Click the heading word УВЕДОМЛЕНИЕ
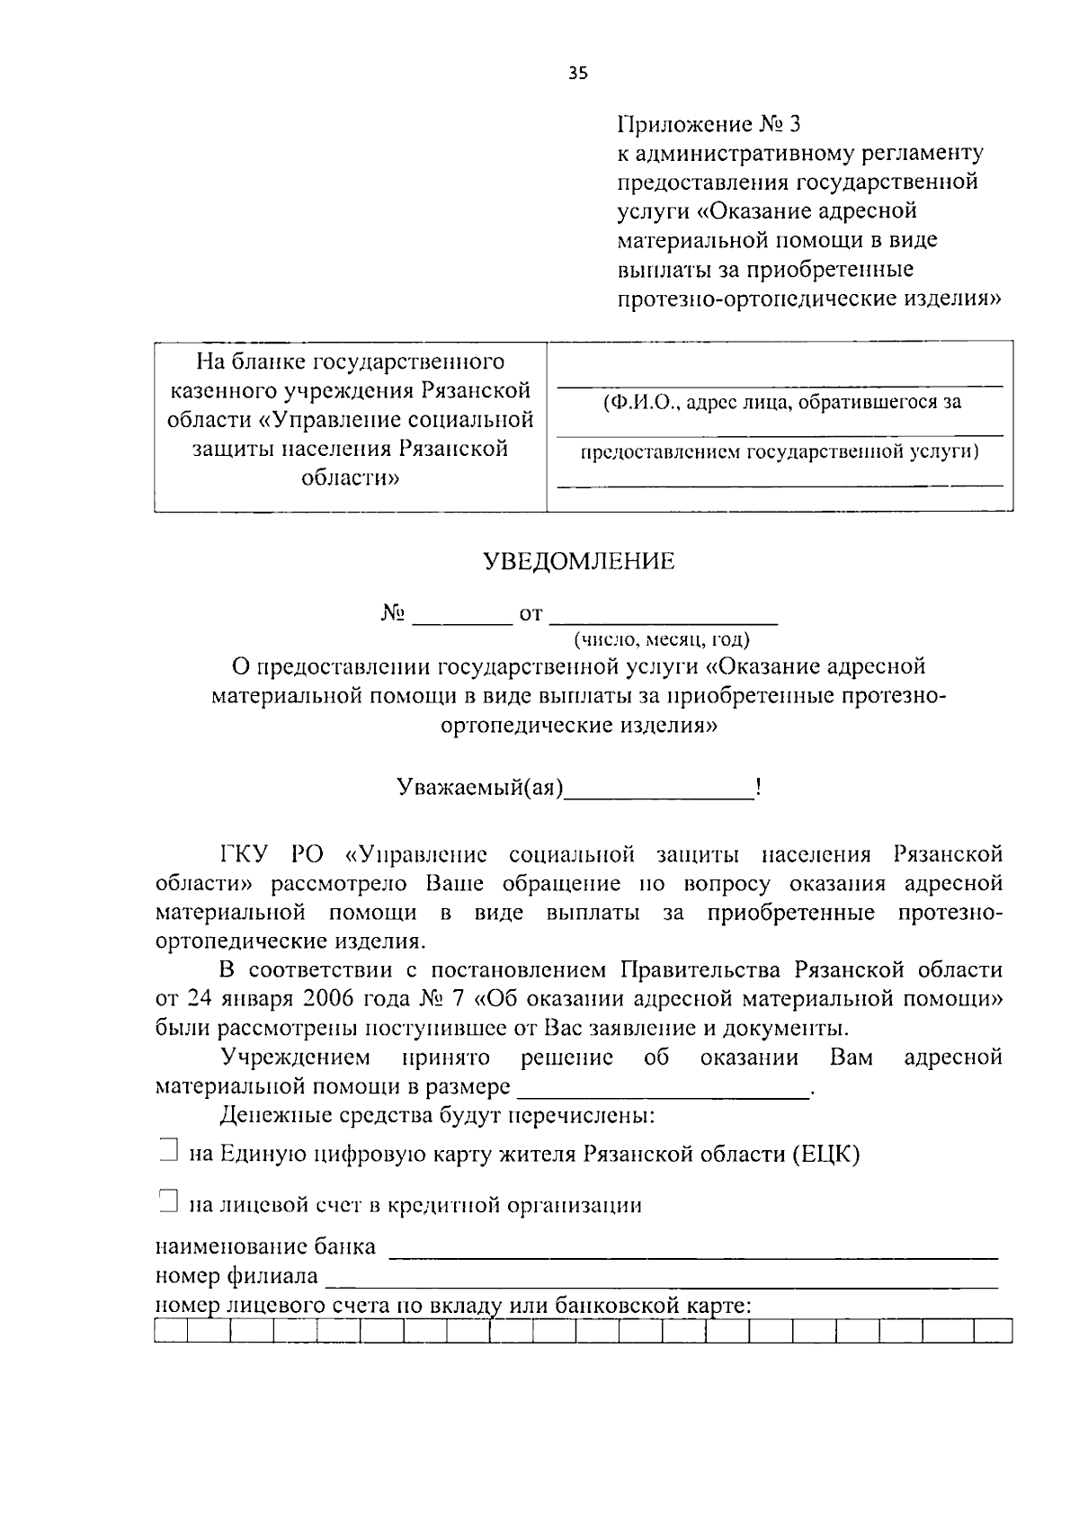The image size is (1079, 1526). click(x=579, y=562)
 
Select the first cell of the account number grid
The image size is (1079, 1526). click(x=171, y=1332)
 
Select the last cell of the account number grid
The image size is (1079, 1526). click(x=993, y=1332)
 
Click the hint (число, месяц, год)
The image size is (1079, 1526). click(x=662, y=639)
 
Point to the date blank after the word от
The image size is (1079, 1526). click(x=663, y=616)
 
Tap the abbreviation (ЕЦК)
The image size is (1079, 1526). click(x=826, y=1154)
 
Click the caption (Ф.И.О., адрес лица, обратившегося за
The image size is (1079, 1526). click(x=781, y=402)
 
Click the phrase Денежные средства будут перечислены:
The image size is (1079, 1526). click(x=437, y=1117)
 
